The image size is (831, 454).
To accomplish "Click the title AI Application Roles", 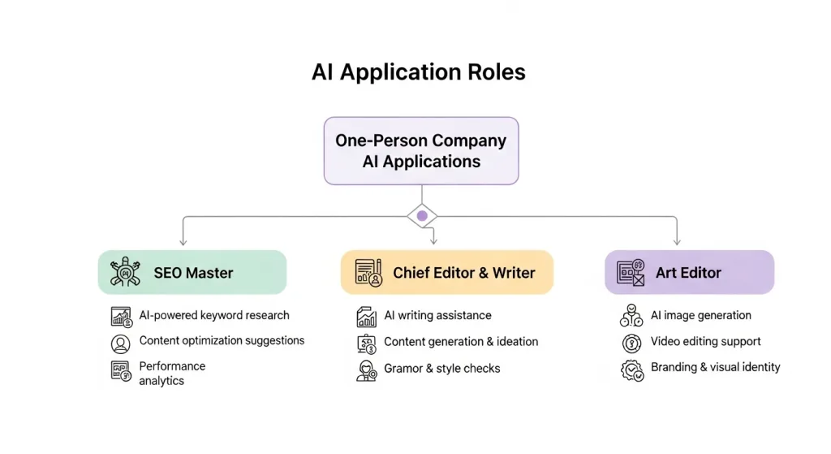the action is coord(418,72).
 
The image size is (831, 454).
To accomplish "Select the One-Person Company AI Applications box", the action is coord(421,151).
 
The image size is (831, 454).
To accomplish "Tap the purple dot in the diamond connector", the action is coord(422,216).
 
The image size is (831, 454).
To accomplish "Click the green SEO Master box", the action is coord(192,273).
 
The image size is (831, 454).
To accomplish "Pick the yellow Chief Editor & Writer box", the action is coord(447,273).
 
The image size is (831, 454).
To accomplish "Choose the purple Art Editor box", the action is coord(690,273).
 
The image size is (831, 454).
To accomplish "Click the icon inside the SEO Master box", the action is coord(125,272).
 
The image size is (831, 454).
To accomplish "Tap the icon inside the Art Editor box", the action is coord(631,273).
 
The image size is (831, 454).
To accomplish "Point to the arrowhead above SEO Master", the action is coord(183,242).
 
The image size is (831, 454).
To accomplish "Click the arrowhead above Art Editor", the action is coord(677,242).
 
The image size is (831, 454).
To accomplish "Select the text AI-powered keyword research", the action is coord(214,315).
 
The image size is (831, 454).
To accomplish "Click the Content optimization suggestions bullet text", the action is coord(222,340).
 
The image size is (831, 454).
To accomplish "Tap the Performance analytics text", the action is coord(172,374).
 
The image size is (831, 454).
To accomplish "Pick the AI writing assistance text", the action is coord(437,315).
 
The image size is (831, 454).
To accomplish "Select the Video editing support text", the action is coord(705,341).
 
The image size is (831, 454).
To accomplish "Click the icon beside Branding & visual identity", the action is coord(632,370).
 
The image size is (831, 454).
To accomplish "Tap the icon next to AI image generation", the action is coord(631,316).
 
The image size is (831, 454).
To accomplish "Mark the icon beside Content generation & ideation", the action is coord(366,344).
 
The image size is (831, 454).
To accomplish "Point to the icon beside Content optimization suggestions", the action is coord(120,344).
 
